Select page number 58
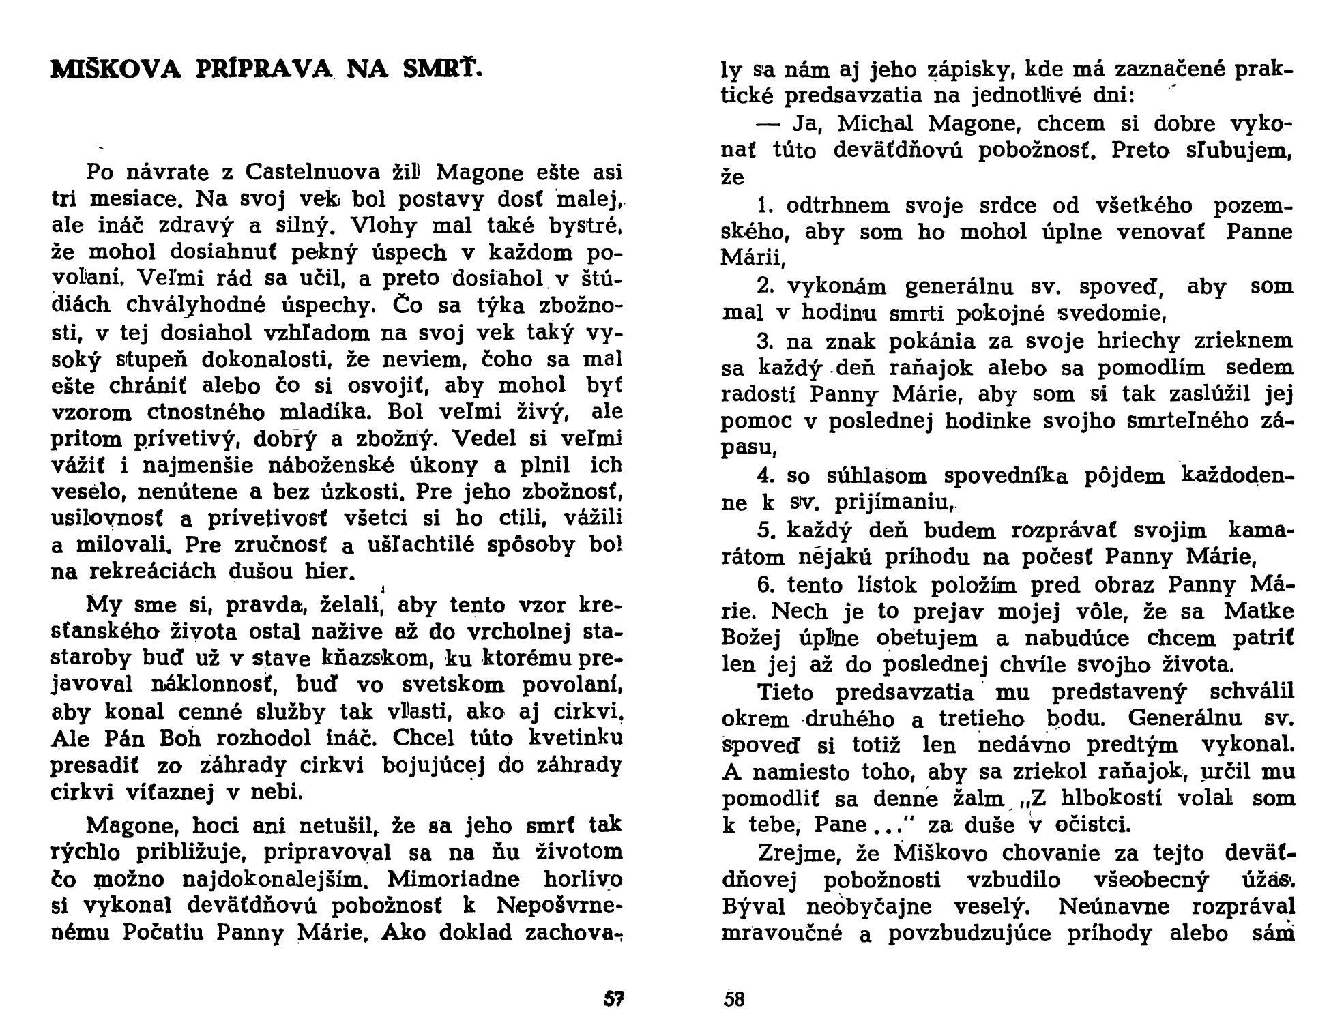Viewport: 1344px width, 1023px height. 734,1000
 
